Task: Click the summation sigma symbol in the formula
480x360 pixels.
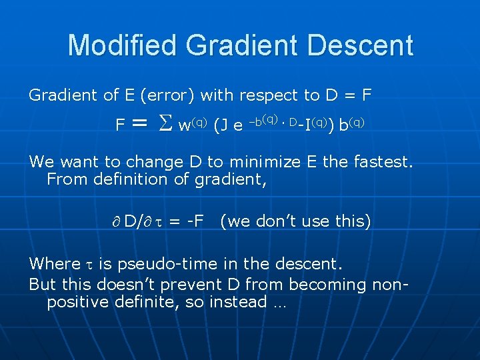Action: pyautogui.click(x=164, y=124)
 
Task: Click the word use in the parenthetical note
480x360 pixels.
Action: pyautogui.click(x=313, y=221)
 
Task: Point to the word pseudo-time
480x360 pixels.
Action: pyautogui.click(x=162, y=264)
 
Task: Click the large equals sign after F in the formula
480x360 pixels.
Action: pyautogui.click(x=139, y=123)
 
